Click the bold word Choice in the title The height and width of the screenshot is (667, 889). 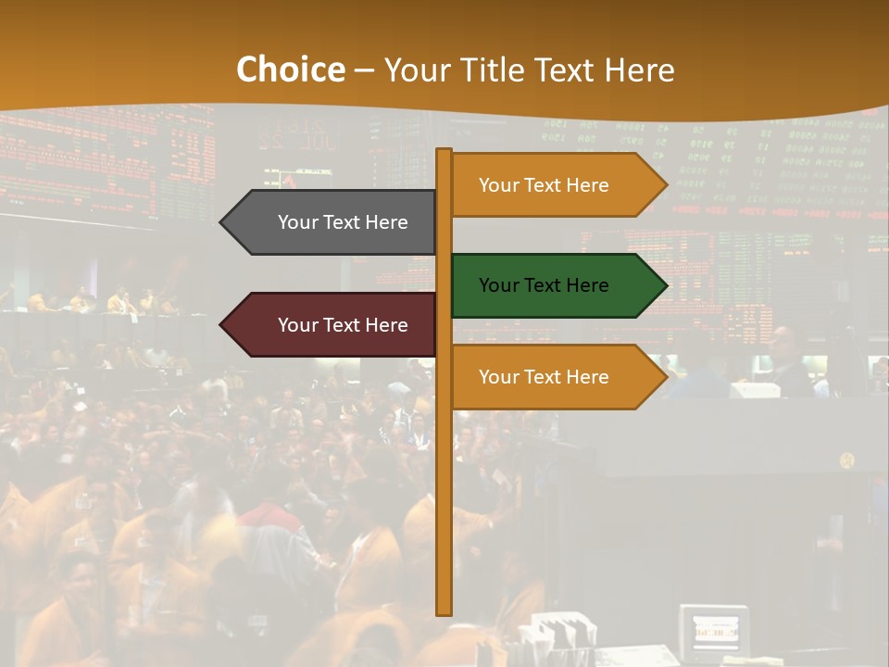point(290,69)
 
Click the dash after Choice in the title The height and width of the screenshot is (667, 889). point(364,70)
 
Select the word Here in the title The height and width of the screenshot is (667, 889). point(639,69)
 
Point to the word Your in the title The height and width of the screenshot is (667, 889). point(415,69)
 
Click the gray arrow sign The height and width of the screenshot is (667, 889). point(333,222)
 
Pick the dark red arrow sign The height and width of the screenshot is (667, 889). point(333,325)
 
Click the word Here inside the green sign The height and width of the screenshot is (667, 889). point(589,285)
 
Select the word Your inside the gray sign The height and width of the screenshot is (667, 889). point(297,222)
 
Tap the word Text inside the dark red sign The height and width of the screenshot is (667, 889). point(343,325)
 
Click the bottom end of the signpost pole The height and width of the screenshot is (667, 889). point(444,611)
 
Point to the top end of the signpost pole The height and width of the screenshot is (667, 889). point(444,152)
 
